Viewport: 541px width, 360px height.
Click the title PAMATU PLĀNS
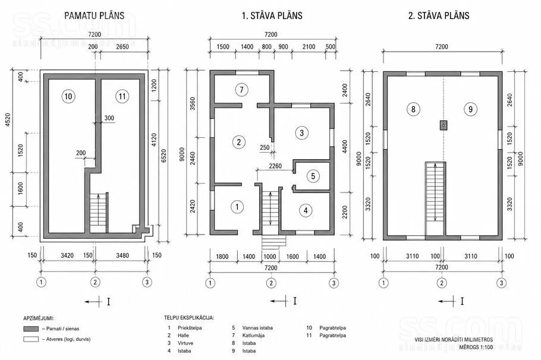pyautogui.click(x=94, y=15)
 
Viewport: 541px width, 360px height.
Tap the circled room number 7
pyautogui.click(x=241, y=90)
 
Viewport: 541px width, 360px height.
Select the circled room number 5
pyautogui.click(x=313, y=176)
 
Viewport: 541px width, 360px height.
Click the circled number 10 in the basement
pyautogui.click(x=68, y=96)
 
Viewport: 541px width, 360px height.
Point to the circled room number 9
pyautogui.click(x=470, y=109)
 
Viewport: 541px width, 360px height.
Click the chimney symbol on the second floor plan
pyautogui.click(x=444, y=125)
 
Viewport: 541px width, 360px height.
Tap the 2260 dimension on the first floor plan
pyautogui.click(x=275, y=166)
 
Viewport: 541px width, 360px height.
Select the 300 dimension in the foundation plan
pyautogui.click(x=109, y=118)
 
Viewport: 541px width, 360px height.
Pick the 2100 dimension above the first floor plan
pyautogui.click(x=309, y=46)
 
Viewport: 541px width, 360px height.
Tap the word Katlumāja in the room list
pyautogui.click(x=253, y=335)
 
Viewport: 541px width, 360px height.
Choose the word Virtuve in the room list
pyautogui.click(x=185, y=343)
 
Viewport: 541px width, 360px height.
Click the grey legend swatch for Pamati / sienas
pyautogui.click(x=31, y=329)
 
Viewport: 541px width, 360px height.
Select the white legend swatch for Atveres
pyautogui.click(x=31, y=339)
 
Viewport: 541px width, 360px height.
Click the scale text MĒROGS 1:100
pyautogui.click(x=476, y=347)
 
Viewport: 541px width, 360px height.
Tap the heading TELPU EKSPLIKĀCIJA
pyautogui.click(x=188, y=318)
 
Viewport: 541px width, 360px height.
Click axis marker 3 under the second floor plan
pyautogui.click(x=501, y=283)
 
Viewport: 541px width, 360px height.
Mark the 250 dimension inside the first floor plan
pyautogui.click(x=265, y=147)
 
